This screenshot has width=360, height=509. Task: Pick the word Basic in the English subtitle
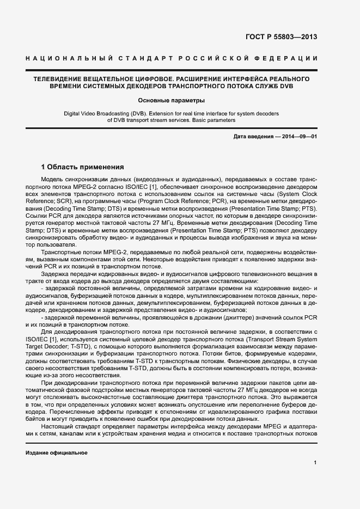coord(194,120)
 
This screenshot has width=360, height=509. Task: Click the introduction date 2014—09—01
coord(299,136)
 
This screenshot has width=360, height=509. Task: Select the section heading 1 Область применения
coord(83,167)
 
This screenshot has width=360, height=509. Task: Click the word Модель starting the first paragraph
coord(53,180)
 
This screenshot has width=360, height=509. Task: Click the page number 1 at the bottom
coord(315,463)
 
